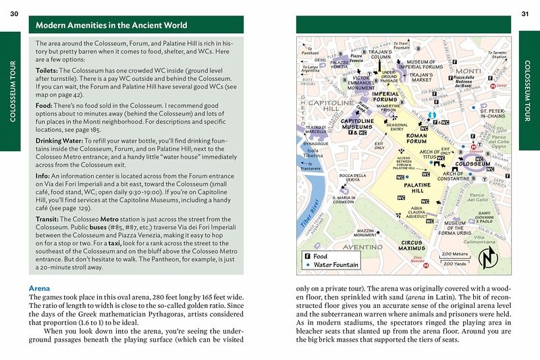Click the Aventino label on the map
pos(346,249)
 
